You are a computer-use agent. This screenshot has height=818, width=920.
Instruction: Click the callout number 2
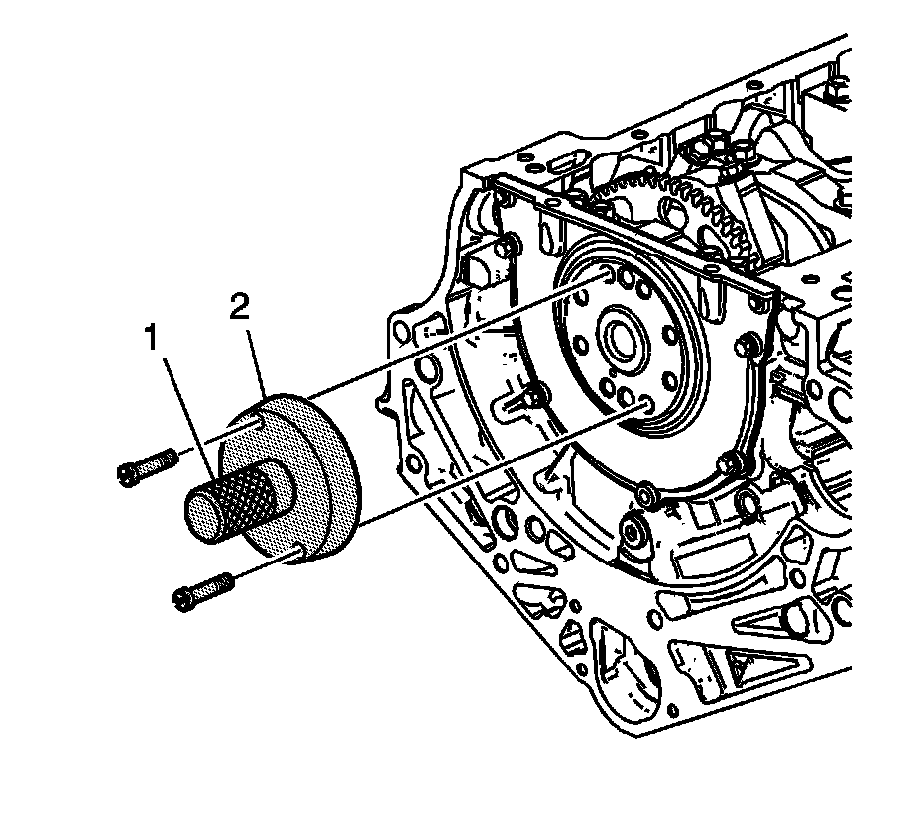click(238, 308)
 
